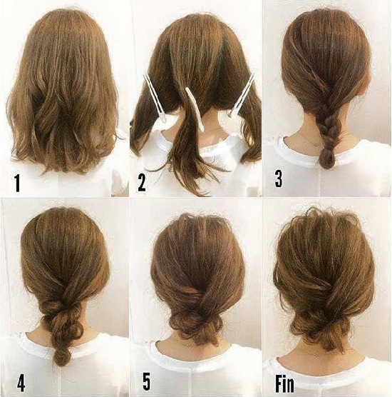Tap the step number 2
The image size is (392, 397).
(142, 184)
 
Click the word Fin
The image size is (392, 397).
(284, 381)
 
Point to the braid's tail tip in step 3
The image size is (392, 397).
(329, 161)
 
